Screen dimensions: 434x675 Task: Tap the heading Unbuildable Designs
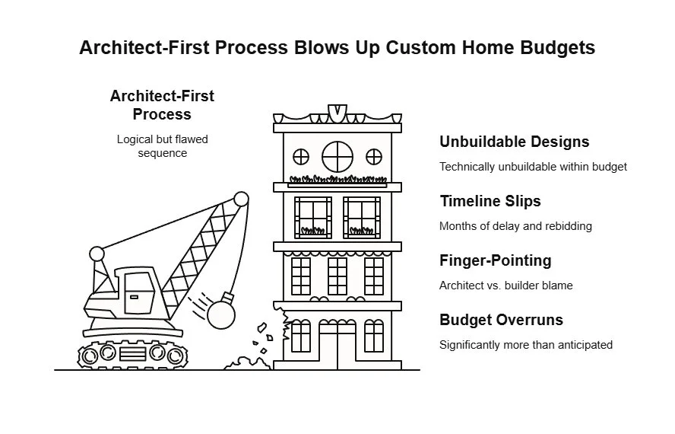click(x=514, y=142)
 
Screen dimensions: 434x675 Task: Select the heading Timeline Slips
click(x=491, y=201)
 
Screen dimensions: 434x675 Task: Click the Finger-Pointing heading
click(x=495, y=260)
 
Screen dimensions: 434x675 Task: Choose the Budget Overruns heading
click(x=501, y=320)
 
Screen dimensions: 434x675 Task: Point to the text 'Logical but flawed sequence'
click(x=162, y=146)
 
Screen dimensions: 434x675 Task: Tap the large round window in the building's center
click(x=337, y=157)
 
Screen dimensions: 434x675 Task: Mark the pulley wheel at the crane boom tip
click(x=241, y=199)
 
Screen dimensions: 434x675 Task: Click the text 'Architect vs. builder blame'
click(x=505, y=286)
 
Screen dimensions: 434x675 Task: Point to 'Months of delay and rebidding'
click(x=515, y=226)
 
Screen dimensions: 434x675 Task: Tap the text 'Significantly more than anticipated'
click(x=525, y=345)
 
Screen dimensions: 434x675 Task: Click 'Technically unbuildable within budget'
click(x=533, y=167)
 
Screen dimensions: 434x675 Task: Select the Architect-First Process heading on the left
click(x=162, y=105)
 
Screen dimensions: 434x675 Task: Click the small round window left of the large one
click(x=302, y=157)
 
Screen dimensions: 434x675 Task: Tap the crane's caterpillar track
click(x=132, y=353)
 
